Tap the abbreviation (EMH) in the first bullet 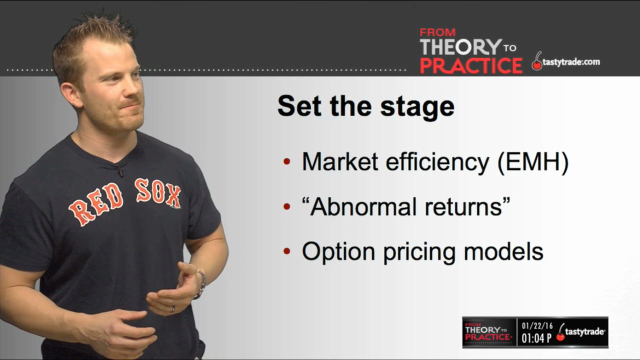[x=533, y=162]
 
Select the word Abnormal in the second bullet [x=362, y=206]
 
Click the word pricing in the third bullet [x=419, y=253]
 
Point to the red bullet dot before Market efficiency [x=287, y=161]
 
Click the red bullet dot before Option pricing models [x=287, y=251]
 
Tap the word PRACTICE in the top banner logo [x=471, y=65]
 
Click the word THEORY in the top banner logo [x=460, y=46]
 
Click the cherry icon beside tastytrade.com [x=537, y=61]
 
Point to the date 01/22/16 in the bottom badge [x=537, y=326]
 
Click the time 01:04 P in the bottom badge [x=536, y=338]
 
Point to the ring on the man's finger [x=172, y=309]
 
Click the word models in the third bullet [x=503, y=251]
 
